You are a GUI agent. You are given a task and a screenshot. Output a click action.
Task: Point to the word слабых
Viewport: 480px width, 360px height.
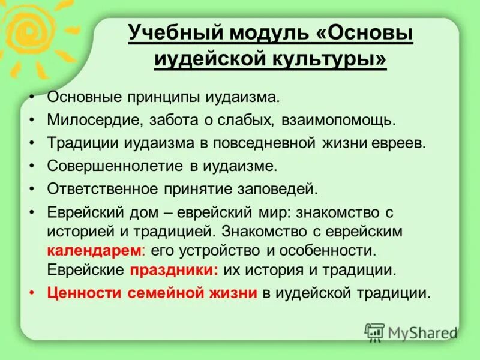point(247,119)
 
